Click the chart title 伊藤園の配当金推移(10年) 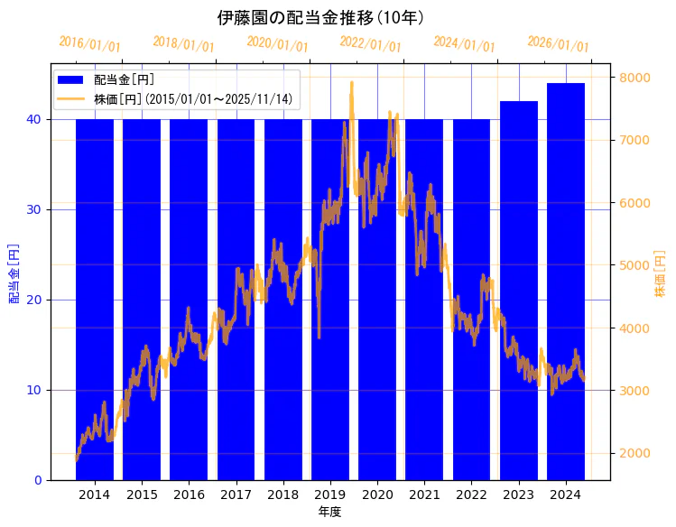pyautogui.click(x=320, y=17)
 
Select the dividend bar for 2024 pyautogui.click(x=566, y=281)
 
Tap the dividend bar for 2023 pyautogui.click(x=519, y=290)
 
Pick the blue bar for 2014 pyautogui.click(x=95, y=299)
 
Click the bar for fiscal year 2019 pyautogui.click(x=330, y=299)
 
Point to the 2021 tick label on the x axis pyautogui.click(x=424, y=495)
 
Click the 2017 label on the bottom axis pyautogui.click(x=236, y=495)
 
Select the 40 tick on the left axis pyautogui.click(x=37, y=119)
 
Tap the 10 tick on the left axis pyautogui.click(x=37, y=390)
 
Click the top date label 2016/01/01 pyautogui.click(x=89, y=44)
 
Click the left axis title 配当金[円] pyautogui.click(x=14, y=273)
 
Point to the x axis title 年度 pyautogui.click(x=329, y=512)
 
